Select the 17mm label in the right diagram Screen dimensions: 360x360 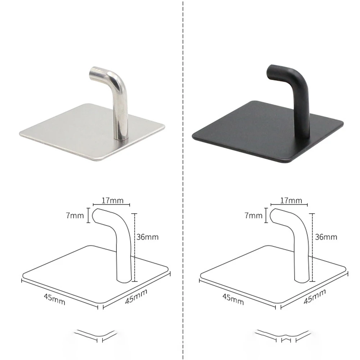pyautogui.click(x=291, y=200)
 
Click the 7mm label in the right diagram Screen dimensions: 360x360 pyautogui.click(x=254, y=216)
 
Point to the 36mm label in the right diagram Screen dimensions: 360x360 pyautogui.click(x=326, y=237)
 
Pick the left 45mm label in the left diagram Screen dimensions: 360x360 pyautogui.click(x=54, y=299)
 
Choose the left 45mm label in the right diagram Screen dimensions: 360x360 pyautogui.click(x=233, y=299)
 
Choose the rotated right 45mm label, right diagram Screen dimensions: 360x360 pyautogui.click(x=315, y=297)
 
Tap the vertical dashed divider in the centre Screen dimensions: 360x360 pyautogui.click(x=183, y=180)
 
